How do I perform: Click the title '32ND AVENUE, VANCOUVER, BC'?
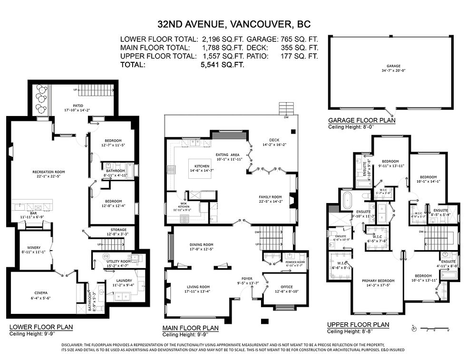coord(233,24)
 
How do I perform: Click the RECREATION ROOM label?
coord(49,172)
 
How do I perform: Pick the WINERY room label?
coord(33,247)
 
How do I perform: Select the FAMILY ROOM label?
coord(270,197)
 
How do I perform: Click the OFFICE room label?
coord(283,287)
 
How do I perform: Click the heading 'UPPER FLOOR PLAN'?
coord(358,325)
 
